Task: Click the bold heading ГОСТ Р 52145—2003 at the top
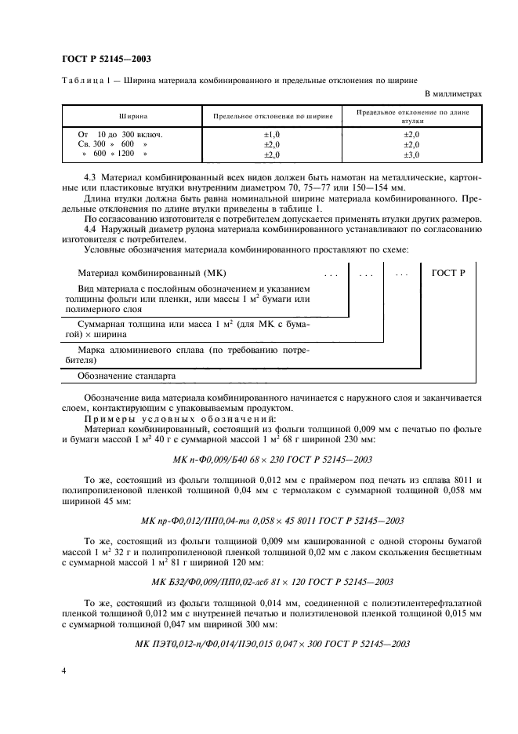106,59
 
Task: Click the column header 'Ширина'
133,115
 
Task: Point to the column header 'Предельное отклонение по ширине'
273,115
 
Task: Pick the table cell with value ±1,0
272,135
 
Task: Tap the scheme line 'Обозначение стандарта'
128,376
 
